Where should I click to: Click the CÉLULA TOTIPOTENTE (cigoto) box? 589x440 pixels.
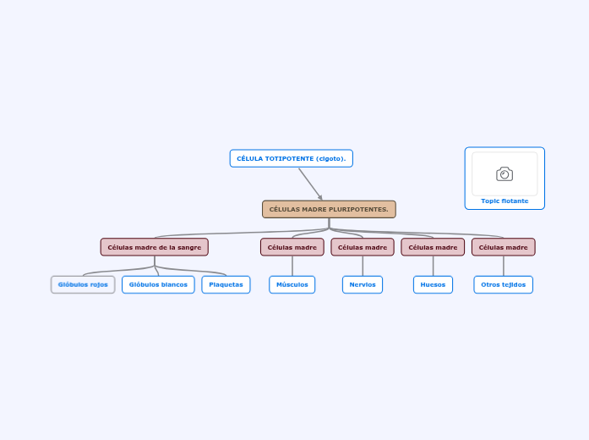pos(291,158)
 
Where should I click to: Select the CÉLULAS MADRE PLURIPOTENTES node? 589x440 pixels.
pos(329,209)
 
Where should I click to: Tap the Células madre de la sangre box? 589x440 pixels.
pos(154,247)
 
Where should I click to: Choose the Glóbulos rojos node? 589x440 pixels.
pos(83,284)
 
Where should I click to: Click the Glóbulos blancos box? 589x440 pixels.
pos(158,284)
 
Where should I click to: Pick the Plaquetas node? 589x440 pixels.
pos(226,284)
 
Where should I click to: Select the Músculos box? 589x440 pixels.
pos(292,284)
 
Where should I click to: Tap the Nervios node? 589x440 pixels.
pos(363,284)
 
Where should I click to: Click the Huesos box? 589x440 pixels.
pos(433,284)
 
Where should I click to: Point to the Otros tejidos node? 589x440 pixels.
pos(503,284)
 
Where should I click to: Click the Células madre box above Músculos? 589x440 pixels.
pos(292,247)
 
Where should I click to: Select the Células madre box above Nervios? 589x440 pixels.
pos(363,247)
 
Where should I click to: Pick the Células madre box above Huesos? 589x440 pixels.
pos(433,247)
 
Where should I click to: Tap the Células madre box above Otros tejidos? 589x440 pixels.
pos(503,247)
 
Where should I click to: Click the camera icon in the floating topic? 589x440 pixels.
pos(504,174)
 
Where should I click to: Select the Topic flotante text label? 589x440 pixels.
pos(504,201)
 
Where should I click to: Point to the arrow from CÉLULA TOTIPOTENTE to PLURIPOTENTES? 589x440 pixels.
pos(309,183)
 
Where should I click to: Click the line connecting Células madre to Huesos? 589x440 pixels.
pos(433,266)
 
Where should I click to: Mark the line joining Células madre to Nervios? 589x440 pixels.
pos(363,266)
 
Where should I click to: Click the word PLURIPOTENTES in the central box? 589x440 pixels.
pos(356,209)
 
